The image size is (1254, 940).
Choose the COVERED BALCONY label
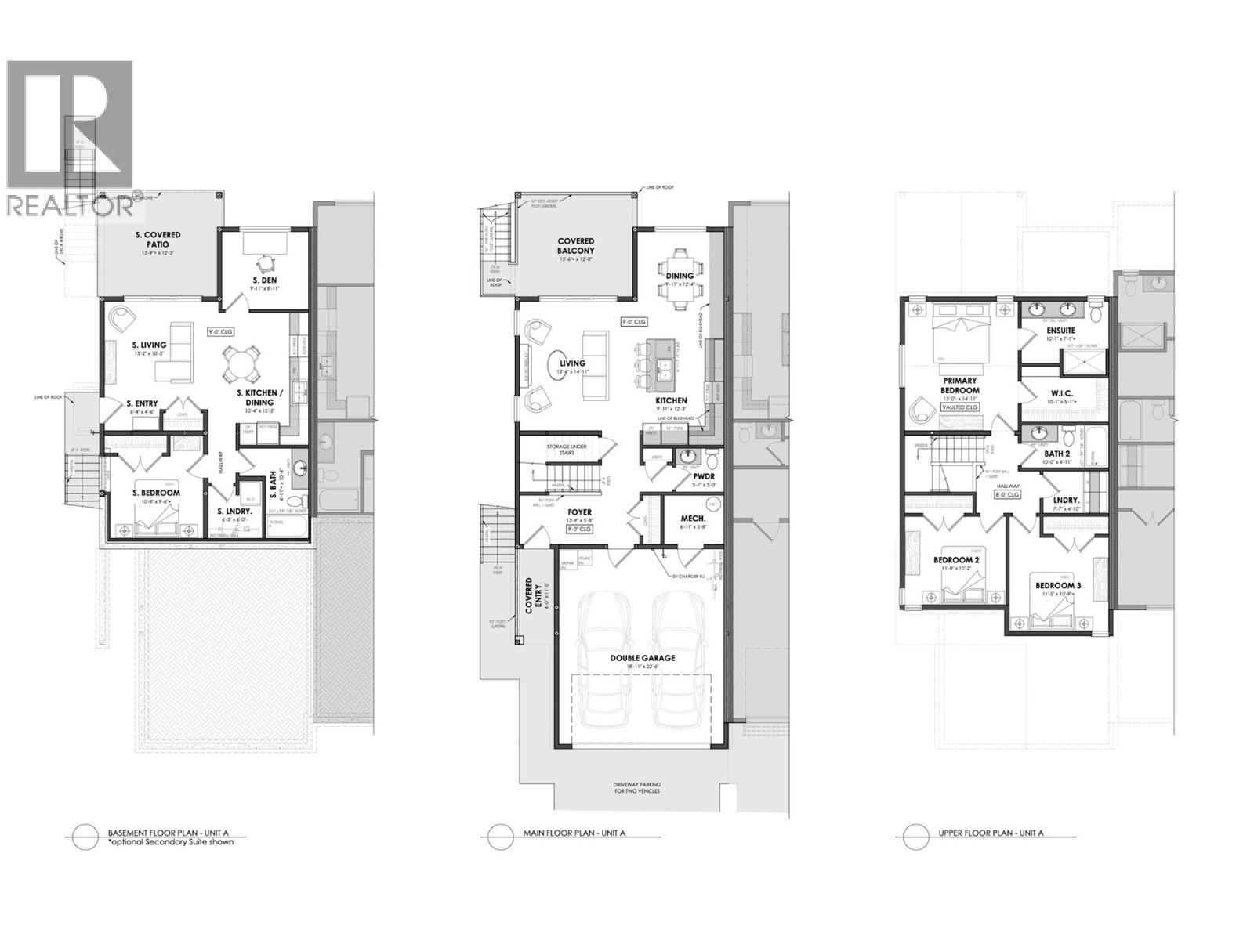576,246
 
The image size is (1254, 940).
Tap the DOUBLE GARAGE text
643,658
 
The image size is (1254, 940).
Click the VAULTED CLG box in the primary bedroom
959,407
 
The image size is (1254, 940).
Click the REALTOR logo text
69,205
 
